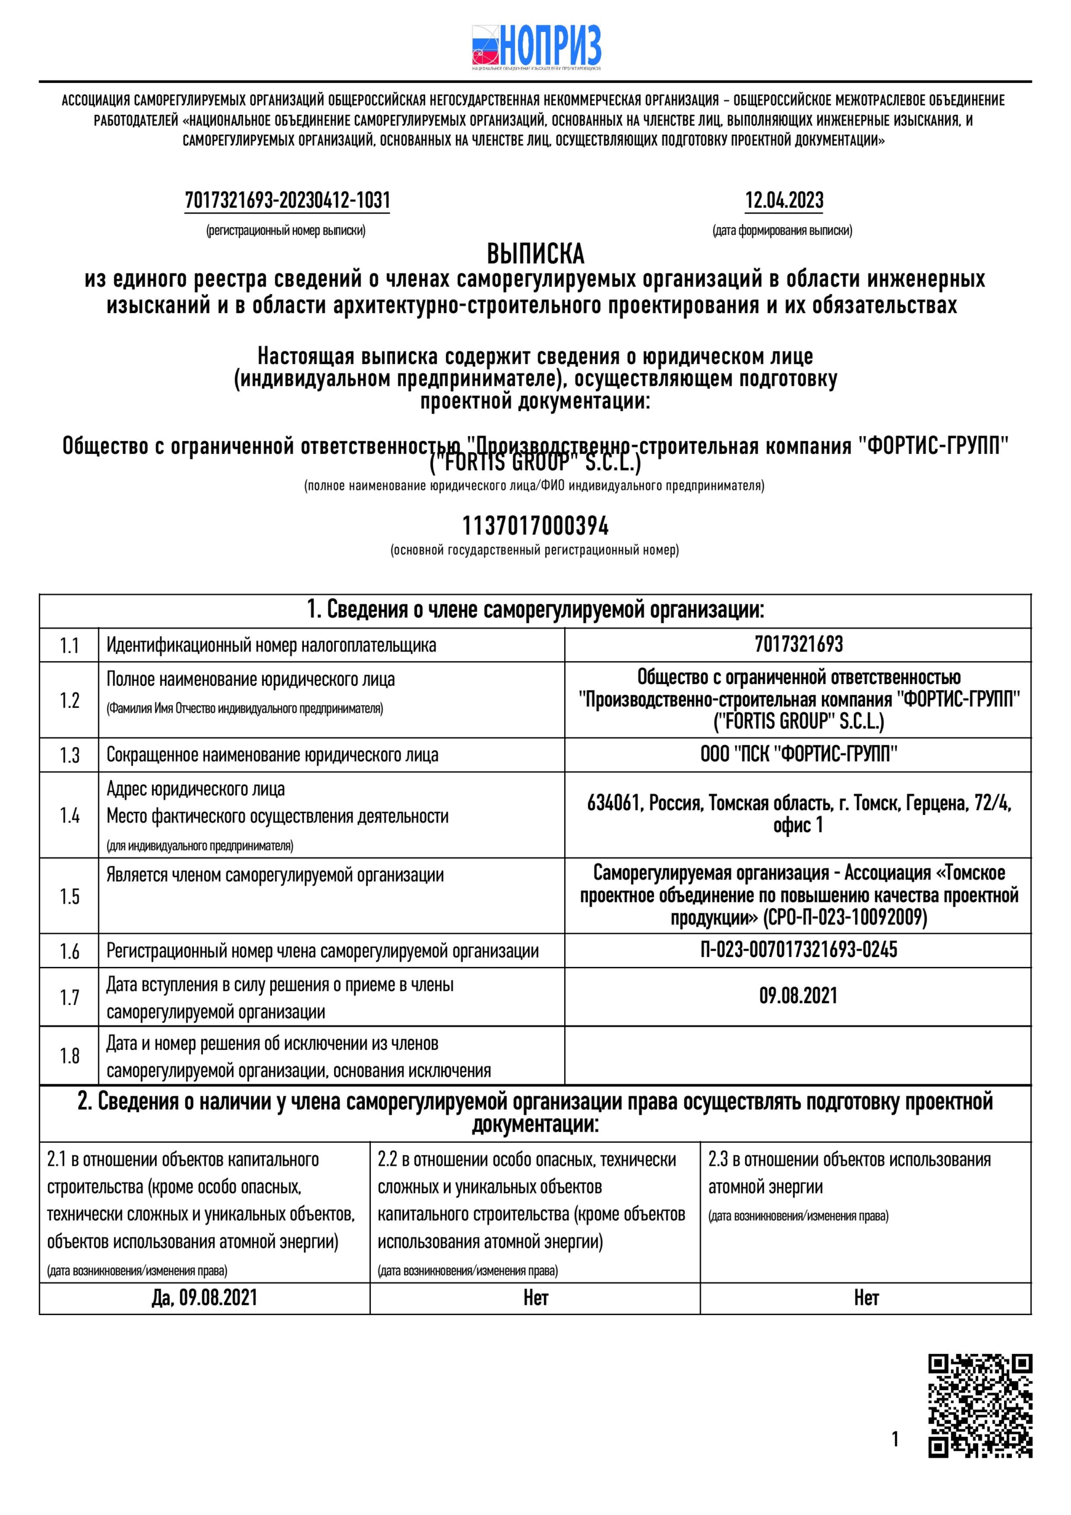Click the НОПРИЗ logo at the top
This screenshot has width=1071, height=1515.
536,47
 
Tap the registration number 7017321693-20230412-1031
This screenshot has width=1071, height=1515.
287,200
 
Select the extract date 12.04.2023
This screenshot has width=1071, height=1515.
784,200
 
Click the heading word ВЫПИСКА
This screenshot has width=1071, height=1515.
536,254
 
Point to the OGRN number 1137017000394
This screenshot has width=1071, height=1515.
536,526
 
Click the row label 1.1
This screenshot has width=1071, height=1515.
69,645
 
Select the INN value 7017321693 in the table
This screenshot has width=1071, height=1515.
798,644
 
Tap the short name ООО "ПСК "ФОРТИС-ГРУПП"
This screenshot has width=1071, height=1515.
798,754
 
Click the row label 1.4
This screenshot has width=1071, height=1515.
69,815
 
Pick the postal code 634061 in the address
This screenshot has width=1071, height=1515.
613,803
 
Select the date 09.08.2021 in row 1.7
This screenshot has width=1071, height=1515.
798,996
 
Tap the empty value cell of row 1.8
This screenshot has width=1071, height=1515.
798,1055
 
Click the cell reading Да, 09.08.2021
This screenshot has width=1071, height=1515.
205,1298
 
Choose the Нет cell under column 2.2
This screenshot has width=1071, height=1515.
536,1298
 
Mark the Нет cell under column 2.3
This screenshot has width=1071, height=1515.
866,1298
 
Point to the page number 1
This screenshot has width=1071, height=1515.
895,1439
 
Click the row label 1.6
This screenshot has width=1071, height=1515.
69,951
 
